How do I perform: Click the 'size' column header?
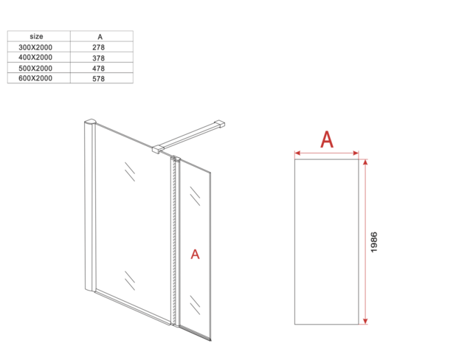click(36, 36)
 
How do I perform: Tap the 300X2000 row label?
click(36, 47)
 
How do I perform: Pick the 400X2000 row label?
click(36, 58)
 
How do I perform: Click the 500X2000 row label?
click(36, 68)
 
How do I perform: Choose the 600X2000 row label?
click(36, 78)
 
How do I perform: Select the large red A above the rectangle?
click(327, 139)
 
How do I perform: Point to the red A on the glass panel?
click(195, 255)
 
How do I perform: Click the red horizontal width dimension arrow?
click(327, 153)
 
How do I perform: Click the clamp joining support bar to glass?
click(157, 150)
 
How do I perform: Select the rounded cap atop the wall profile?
click(91, 122)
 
